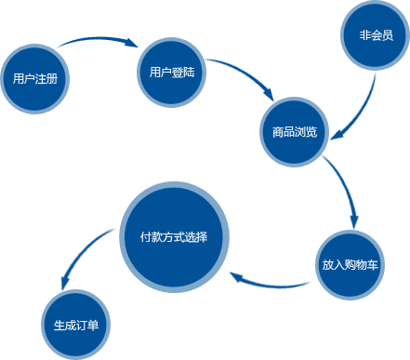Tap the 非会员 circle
point(376,36)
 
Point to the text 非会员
point(376,36)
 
